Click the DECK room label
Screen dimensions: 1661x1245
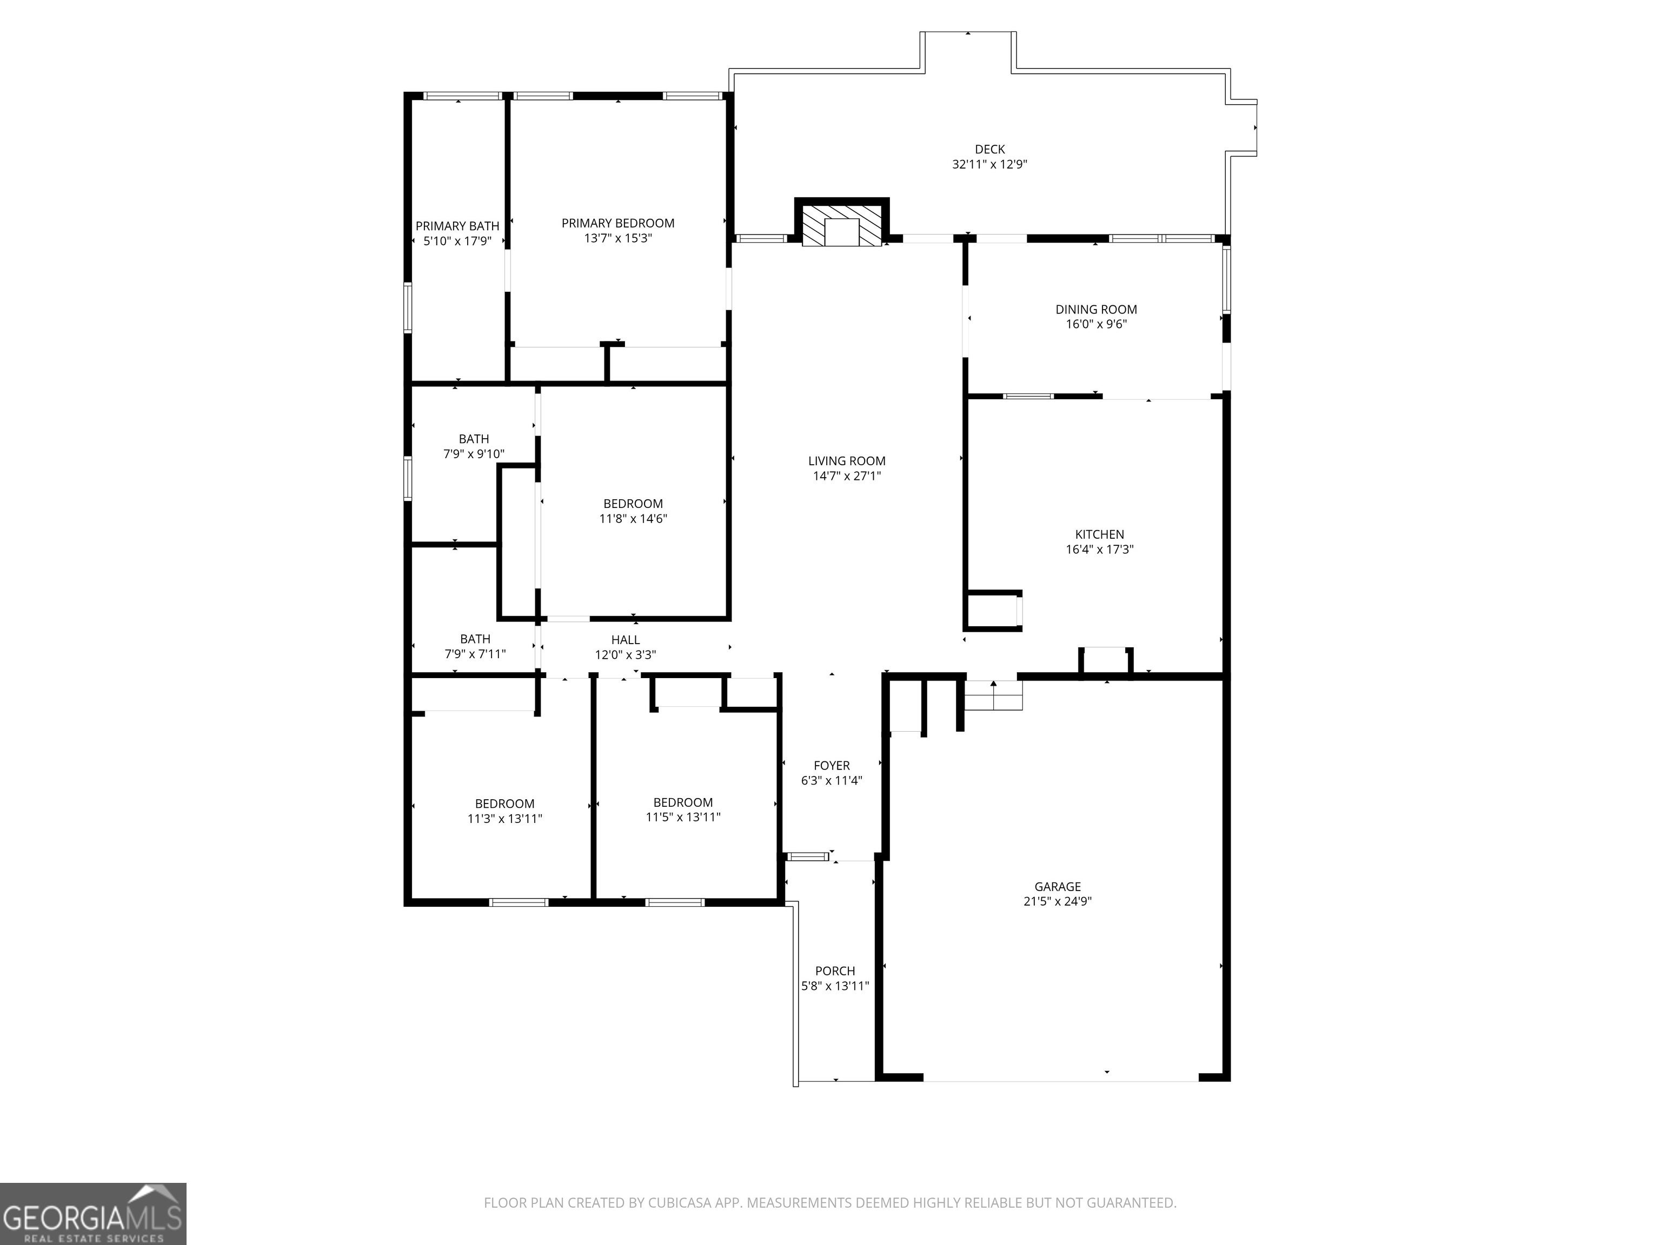(989, 149)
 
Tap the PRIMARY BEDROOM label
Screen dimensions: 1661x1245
(618, 223)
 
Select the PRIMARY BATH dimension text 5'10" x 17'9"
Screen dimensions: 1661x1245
(457, 241)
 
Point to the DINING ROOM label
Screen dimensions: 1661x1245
(1097, 309)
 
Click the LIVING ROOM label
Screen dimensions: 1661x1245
(847, 461)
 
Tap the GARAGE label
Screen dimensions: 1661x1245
(1057, 886)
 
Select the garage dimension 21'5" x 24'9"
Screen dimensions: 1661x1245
(1057, 901)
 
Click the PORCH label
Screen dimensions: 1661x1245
(835, 970)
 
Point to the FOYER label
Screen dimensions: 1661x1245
(832, 766)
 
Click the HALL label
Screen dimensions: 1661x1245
(626, 639)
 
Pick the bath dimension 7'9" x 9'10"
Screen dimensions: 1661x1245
(474, 454)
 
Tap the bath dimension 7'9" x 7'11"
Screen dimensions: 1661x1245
(475, 654)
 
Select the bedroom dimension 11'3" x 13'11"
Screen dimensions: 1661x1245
(504, 819)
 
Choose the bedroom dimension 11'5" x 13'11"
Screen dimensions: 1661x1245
(683, 817)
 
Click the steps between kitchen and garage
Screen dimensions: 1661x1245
(993, 695)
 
